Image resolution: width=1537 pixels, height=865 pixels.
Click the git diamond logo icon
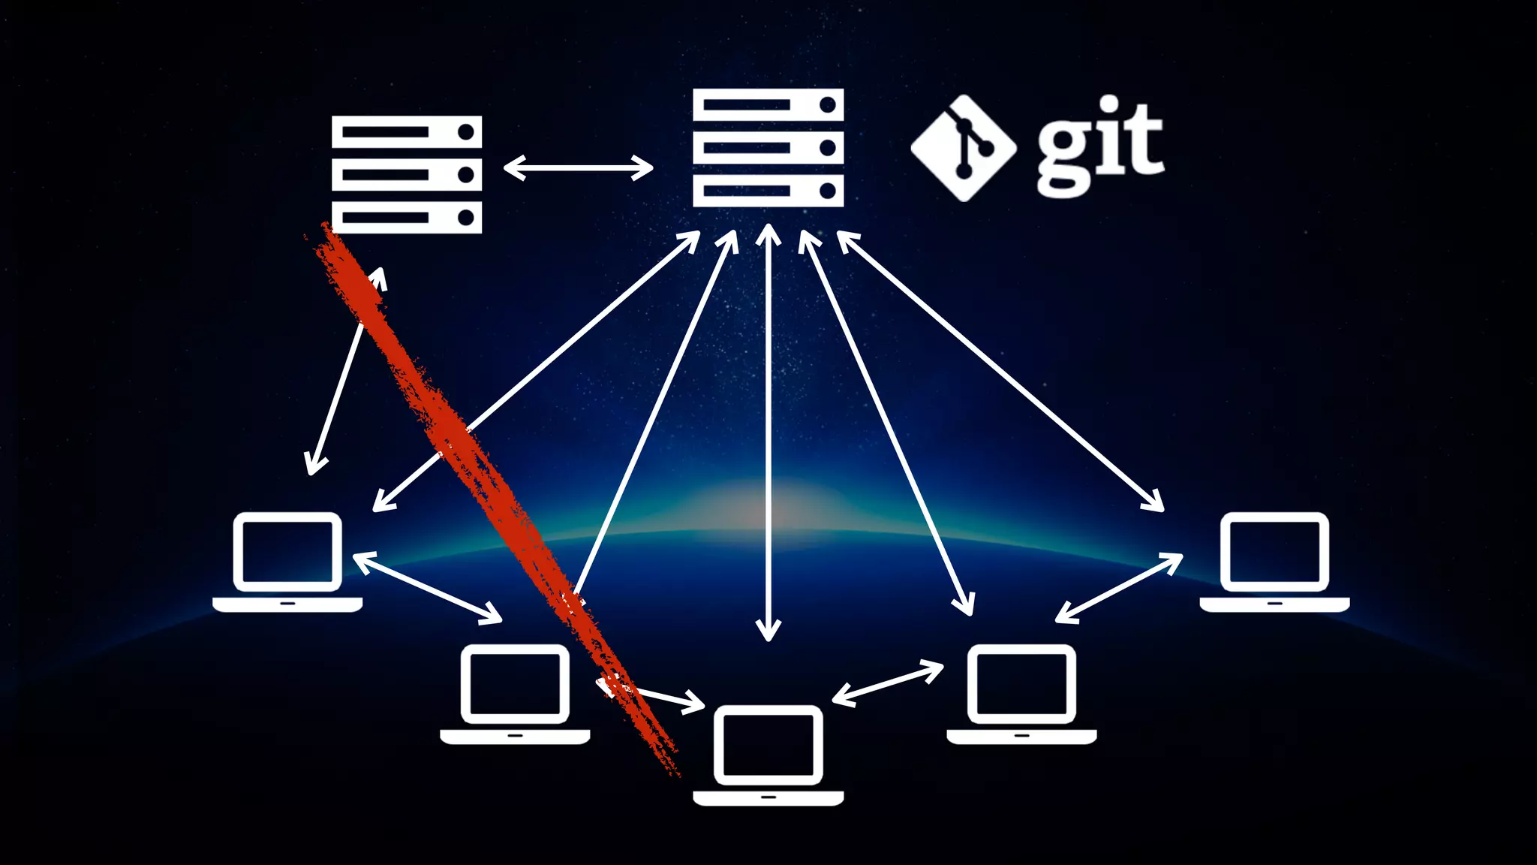(x=964, y=148)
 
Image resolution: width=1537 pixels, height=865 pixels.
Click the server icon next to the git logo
(x=768, y=148)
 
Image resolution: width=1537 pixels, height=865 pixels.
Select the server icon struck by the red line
(x=407, y=174)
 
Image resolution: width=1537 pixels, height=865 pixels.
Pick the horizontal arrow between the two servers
(x=578, y=167)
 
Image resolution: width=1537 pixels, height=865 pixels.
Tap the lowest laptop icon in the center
(x=768, y=755)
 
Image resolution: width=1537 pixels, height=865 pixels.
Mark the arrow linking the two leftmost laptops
(x=427, y=588)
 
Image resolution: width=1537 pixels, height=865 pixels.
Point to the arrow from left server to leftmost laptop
(x=345, y=372)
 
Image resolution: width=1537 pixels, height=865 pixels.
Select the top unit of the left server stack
(x=407, y=132)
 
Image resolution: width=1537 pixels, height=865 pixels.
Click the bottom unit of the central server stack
(x=768, y=191)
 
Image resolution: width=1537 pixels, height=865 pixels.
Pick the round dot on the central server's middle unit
(x=828, y=148)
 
